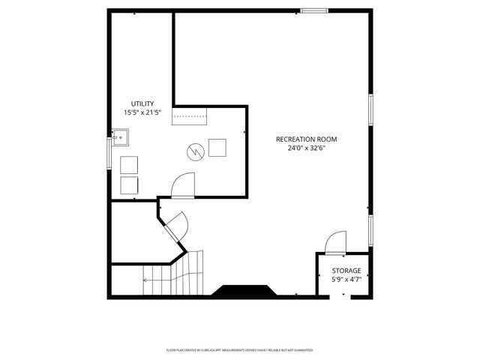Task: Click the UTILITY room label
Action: pyautogui.click(x=142, y=103)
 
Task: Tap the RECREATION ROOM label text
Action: pyautogui.click(x=306, y=139)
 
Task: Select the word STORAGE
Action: pyautogui.click(x=346, y=271)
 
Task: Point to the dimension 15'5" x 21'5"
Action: pyautogui.click(x=142, y=112)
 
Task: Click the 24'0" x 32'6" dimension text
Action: pyautogui.click(x=306, y=148)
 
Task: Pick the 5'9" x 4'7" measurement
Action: pyautogui.click(x=346, y=280)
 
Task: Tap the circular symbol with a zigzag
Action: pyautogui.click(x=194, y=150)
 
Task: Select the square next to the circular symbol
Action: pyautogui.click(x=217, y=148)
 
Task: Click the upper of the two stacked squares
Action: pyautogui.click(x=129, y=165)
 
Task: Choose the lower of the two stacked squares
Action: pyautogui.click(x=129, y=185)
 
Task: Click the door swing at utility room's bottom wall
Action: pyautogui.click(x=183, y=184)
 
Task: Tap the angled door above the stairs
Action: pyautogui.click(x=177, y=226)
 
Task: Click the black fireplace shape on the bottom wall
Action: pyautogui.click(x=241, y=291)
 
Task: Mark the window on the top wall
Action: pyautogui.click(x=315, y=10)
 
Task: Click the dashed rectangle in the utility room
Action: pyautogui.click(x=190, y=115)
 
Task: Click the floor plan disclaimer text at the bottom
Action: pyautogui.click(x=239, y=350)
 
